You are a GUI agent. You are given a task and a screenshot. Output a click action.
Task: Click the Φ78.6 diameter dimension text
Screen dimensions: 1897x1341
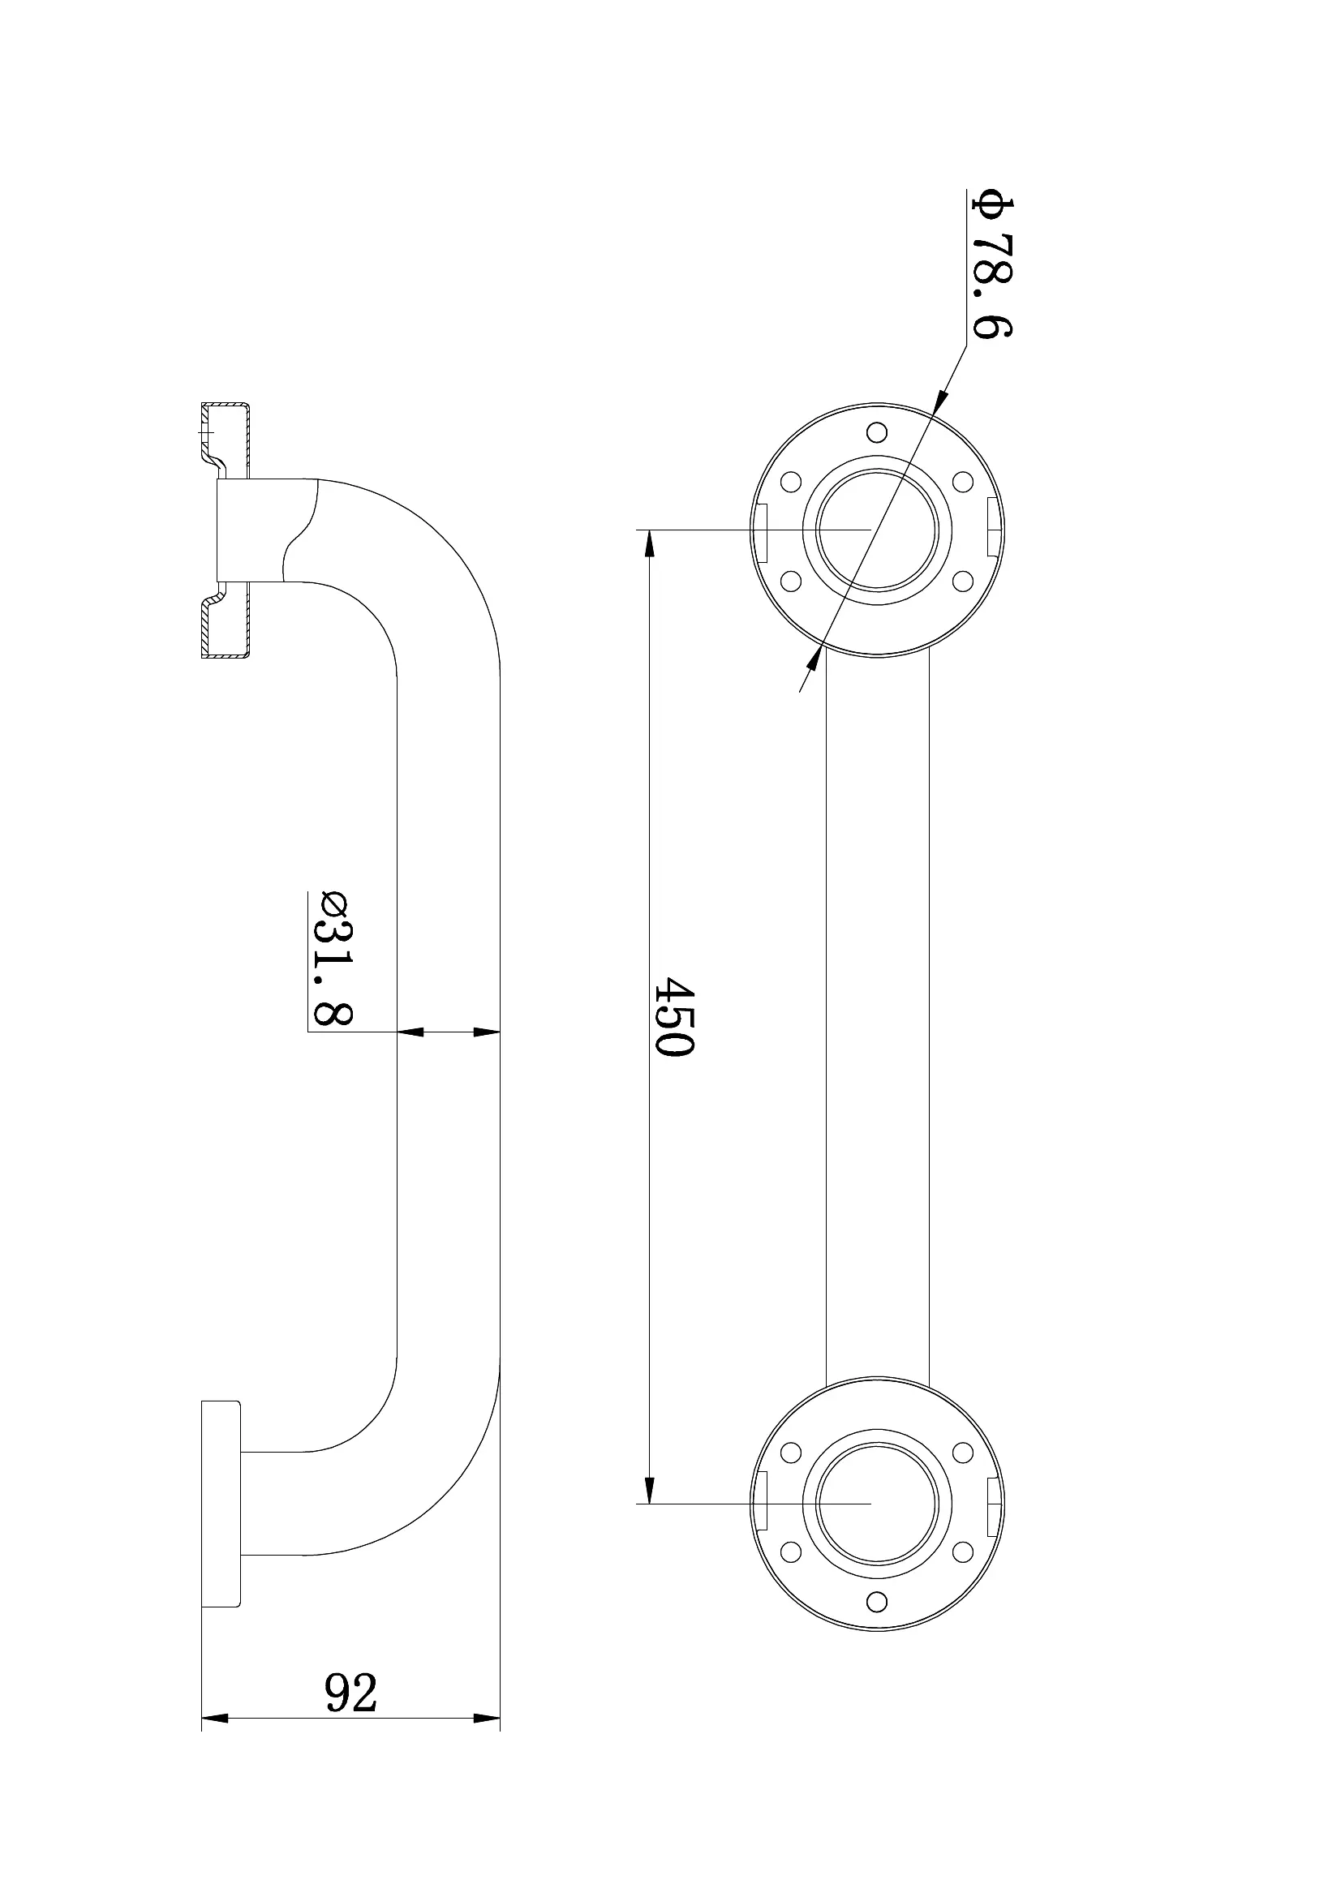pos(993,264)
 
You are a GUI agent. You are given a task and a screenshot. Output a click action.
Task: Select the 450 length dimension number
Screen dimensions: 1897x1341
pos(673,1016)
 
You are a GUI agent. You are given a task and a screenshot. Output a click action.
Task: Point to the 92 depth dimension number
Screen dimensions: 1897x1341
pos(351,1693)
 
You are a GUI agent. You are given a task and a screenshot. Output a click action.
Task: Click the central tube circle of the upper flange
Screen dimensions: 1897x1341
pos(877,530)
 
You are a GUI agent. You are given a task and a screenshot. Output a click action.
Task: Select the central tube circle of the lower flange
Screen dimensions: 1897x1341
pos(877,1504)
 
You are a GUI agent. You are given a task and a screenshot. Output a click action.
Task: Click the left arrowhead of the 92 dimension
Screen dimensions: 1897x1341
pos(215,1719)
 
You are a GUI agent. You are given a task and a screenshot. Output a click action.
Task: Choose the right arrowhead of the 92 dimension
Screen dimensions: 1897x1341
pos(488,1719)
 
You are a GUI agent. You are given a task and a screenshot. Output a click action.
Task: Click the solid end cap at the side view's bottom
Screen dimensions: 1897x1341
pos(221,1504)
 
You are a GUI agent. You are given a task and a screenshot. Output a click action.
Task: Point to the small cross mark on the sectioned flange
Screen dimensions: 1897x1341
pos(205,431)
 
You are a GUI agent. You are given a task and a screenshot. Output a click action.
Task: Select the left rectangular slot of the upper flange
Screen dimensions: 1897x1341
pos(762,530)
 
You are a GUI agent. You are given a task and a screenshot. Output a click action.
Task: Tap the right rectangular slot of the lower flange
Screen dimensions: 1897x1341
pos(995,1504)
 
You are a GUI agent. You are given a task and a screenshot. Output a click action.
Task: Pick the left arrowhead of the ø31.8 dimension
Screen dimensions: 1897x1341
pos(410,1031)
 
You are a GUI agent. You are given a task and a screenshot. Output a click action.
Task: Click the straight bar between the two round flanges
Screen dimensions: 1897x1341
pos(878,1016)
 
